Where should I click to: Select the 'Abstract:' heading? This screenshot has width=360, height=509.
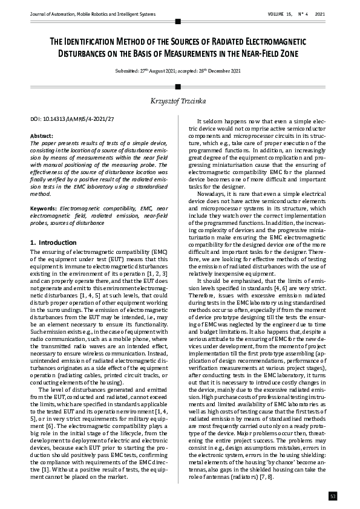pos(41,137)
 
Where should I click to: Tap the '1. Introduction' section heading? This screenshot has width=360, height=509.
pos(53,242)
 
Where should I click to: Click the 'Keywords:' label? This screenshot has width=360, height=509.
pos(44,208)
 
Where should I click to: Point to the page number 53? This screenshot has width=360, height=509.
pos(332,496)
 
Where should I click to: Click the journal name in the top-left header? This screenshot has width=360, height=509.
pos(88,14)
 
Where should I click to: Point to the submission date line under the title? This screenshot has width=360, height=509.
pos(179,71)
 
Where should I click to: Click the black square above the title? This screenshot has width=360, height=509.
pos(177,21)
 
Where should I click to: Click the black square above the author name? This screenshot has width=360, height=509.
pos(177,86)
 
